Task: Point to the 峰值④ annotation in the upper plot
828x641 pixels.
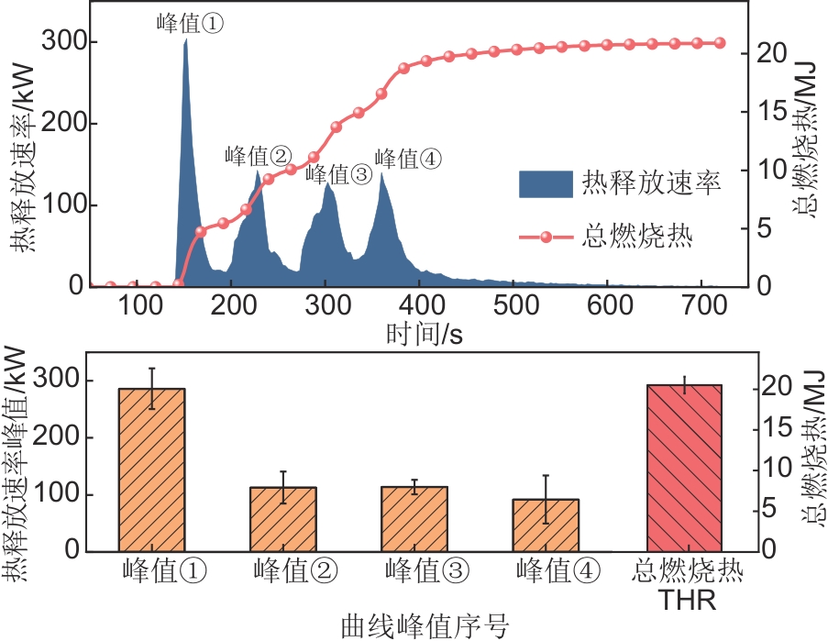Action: (x=409, y=159)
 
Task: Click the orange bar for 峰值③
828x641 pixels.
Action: (x=414, y=518)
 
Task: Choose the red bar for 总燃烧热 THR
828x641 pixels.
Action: (x=684, y=468)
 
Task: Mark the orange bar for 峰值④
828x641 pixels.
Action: (x=546, y=525)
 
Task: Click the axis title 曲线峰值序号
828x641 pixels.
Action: (x=424, y=625)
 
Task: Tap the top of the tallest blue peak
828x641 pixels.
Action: (x=185, y=41)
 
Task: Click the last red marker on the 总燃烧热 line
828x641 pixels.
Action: (x=720, y=43)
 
